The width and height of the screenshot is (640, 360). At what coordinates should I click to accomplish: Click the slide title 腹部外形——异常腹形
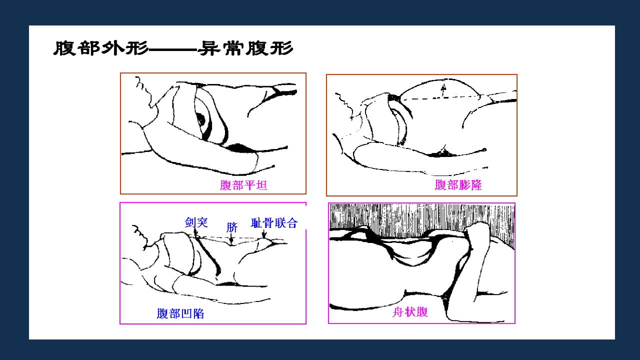(x=173, y=49)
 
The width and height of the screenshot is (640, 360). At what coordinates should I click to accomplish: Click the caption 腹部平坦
(x=243, y=185)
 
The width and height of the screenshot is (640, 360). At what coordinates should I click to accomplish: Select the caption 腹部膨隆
(x=458, y=185)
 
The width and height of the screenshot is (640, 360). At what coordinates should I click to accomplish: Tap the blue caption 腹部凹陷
(x=180, y=314)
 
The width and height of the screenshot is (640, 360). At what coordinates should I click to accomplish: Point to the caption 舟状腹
(x=410, y=312)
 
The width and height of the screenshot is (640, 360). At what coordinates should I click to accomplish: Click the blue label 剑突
(x=196, y=222)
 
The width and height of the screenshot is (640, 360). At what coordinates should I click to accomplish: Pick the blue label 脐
(x=231, y=227)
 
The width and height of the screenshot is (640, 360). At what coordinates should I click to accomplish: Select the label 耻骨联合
(x=274, y=222)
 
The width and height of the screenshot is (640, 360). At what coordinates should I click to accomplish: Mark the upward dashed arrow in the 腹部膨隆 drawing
(x=442, y=90)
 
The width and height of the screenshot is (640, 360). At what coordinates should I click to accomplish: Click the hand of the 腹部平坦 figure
(x=265, y=163)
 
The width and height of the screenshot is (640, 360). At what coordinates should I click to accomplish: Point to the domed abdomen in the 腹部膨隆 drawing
(x=440, y=87)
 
